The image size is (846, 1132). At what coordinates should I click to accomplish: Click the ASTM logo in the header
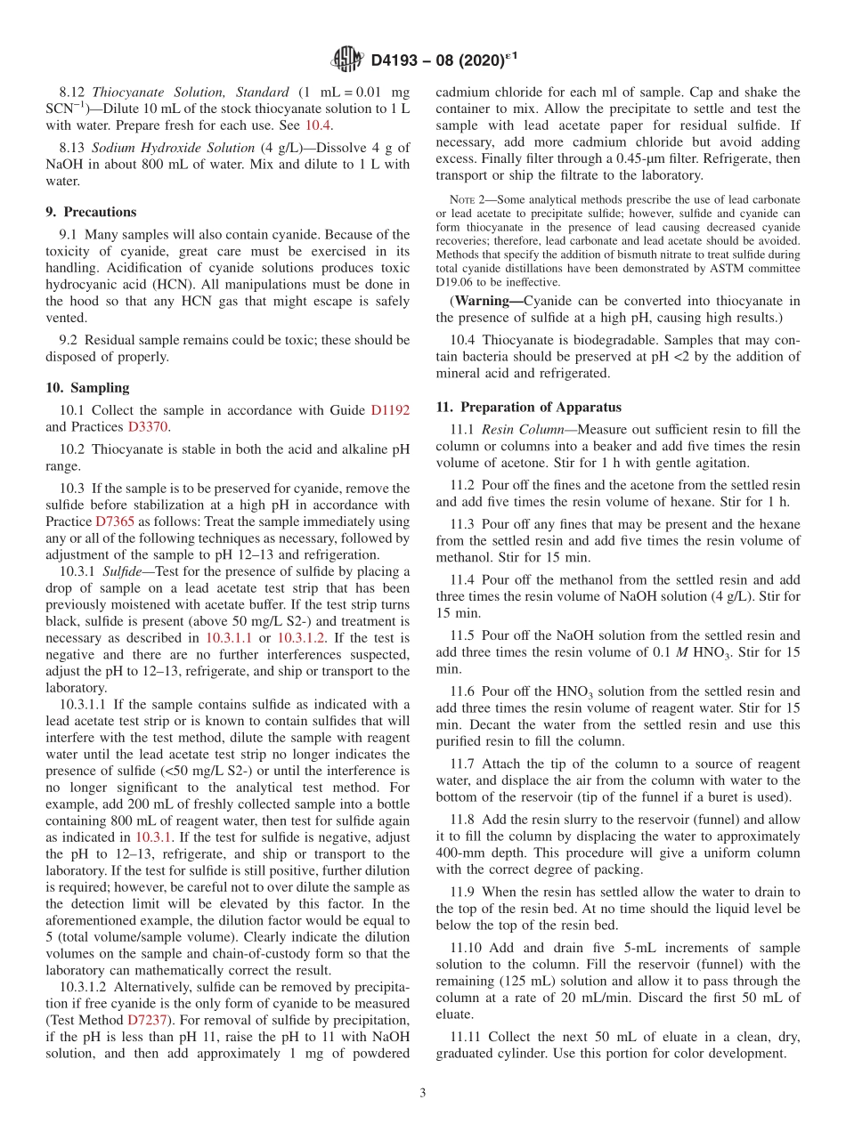(x=346, y=61)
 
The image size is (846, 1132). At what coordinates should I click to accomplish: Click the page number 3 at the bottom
(x=423, y=1093)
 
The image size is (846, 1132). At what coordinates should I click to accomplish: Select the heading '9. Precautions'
(x=91, y=212)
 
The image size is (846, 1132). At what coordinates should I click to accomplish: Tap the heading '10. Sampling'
(x=87, y=387)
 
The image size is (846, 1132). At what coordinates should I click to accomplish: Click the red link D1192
(x=390, y=410)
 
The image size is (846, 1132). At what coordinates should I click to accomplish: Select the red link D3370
(x=149, y=426)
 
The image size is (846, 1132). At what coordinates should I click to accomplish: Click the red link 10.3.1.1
(x=228, y=638)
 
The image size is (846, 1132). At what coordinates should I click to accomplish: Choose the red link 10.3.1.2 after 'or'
(x=300, y=638)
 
